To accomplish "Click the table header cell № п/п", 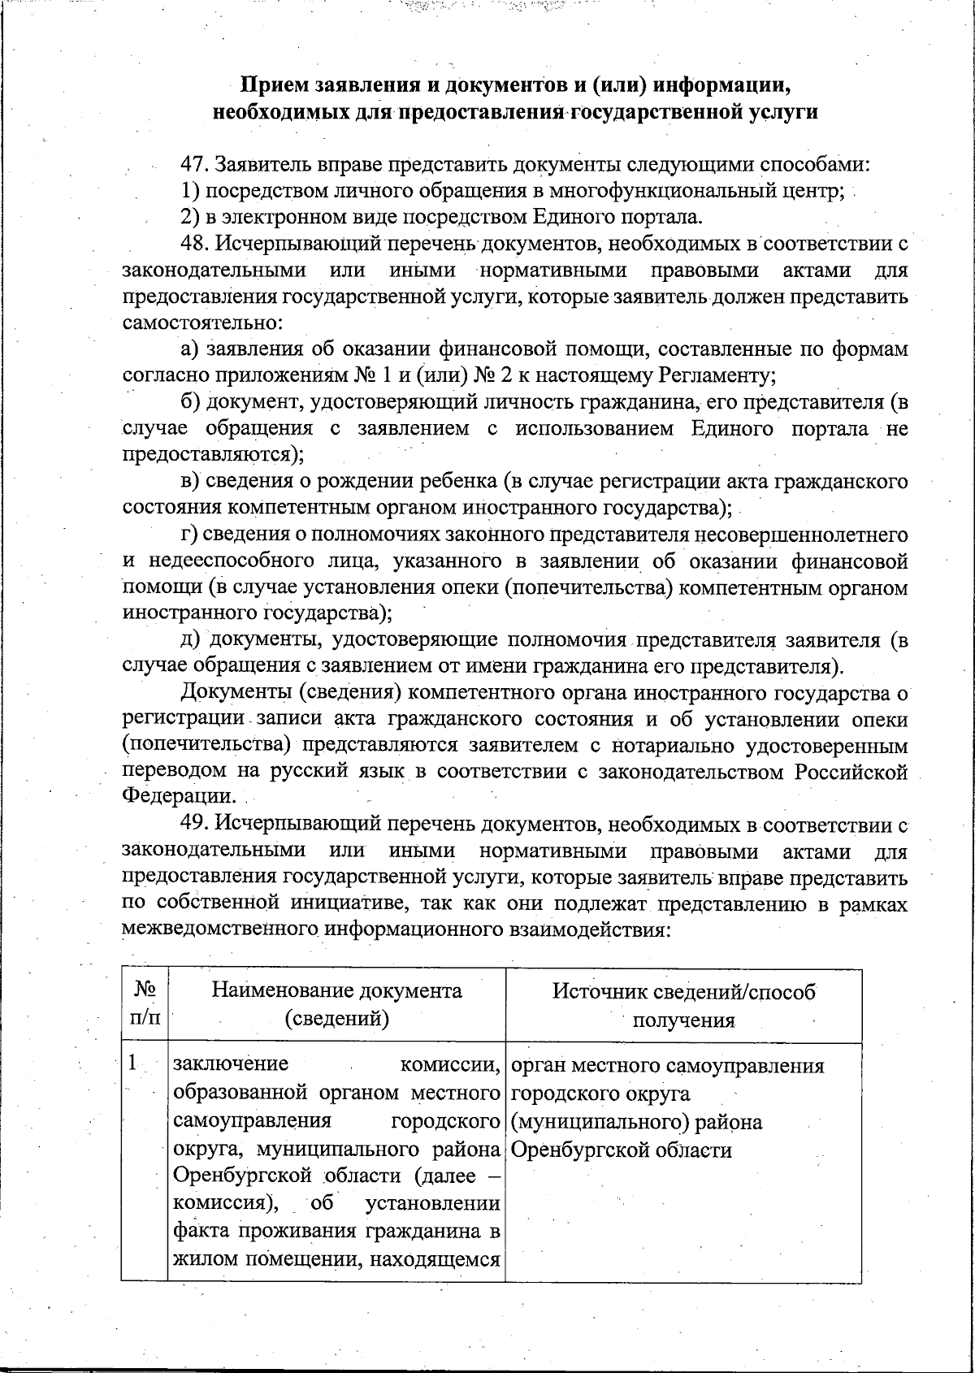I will (145, 1004).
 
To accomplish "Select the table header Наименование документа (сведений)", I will (336, 1004).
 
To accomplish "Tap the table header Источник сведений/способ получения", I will (683, 1004).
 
